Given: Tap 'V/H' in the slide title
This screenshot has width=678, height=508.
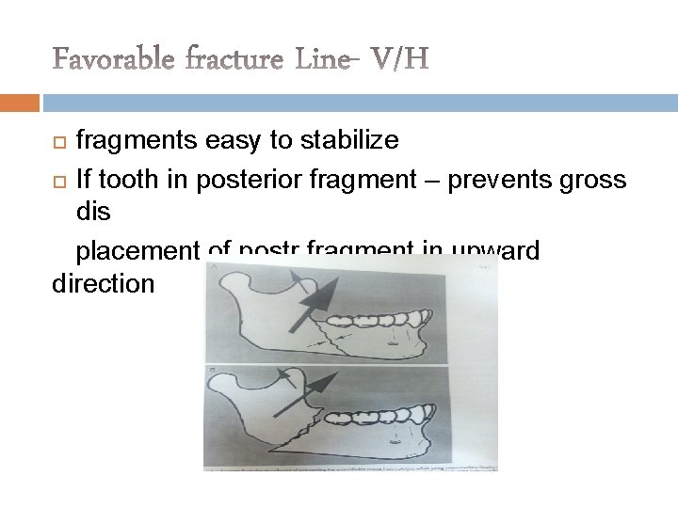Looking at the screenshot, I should (398, 60).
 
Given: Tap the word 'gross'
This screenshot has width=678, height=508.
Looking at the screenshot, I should (589, 177).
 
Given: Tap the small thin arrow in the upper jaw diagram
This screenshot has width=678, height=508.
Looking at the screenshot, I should (299, 283).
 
